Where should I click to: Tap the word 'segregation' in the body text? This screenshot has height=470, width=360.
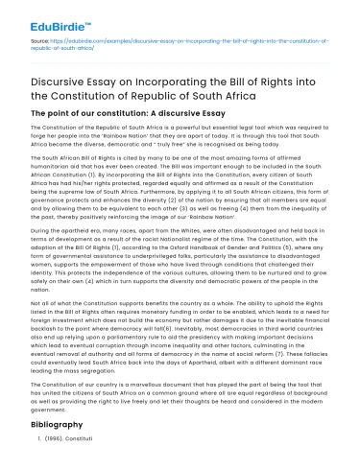tap(108, 373)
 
